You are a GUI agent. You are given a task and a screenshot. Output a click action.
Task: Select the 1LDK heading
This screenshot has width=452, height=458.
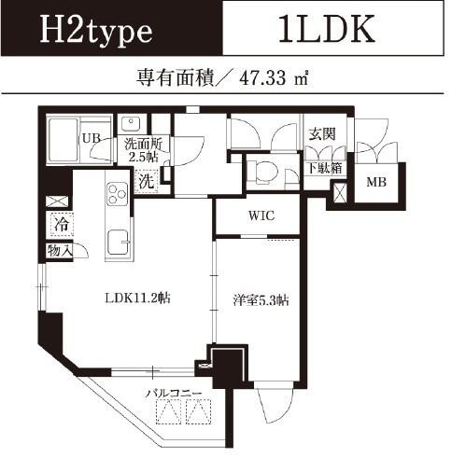click(326, 29)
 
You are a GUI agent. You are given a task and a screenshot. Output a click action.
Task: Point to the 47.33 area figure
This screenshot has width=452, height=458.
click(262, 78)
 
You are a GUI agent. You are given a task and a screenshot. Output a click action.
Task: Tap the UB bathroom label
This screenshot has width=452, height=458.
click(92, 138)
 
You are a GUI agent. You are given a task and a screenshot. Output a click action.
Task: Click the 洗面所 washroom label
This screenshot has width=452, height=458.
click(143, 144)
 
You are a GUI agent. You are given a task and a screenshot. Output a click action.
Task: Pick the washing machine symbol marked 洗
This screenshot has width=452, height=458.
click(147, 182)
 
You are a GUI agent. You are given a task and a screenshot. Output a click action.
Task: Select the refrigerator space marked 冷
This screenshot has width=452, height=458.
click(62, 225)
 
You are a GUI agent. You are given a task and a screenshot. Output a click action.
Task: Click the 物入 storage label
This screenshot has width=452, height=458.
click(60, 250)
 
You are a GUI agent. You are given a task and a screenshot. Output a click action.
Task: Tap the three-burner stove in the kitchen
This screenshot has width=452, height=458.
click(118, 194)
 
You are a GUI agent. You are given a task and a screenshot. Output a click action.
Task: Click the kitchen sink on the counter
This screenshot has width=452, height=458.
click(119, 243)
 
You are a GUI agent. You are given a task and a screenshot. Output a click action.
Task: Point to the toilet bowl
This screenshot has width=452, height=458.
click(263, 172)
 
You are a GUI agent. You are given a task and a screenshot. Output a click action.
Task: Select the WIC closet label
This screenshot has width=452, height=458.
click(261, 215)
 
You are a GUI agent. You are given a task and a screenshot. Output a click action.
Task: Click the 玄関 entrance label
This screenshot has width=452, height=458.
click(322, 134)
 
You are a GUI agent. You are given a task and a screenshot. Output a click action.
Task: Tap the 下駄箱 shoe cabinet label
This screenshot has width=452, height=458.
click(325, 168)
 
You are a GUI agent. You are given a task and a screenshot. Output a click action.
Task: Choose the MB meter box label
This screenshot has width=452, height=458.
click(376, 182)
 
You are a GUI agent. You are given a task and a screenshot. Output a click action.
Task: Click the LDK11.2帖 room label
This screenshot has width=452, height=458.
click(137, 298)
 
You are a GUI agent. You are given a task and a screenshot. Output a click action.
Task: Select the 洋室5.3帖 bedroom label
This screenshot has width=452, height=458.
click(261, 300)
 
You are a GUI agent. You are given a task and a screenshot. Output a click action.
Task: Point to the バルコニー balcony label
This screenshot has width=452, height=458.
click(174, 394)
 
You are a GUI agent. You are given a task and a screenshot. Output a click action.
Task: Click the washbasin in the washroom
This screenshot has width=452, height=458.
click(132, 124)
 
